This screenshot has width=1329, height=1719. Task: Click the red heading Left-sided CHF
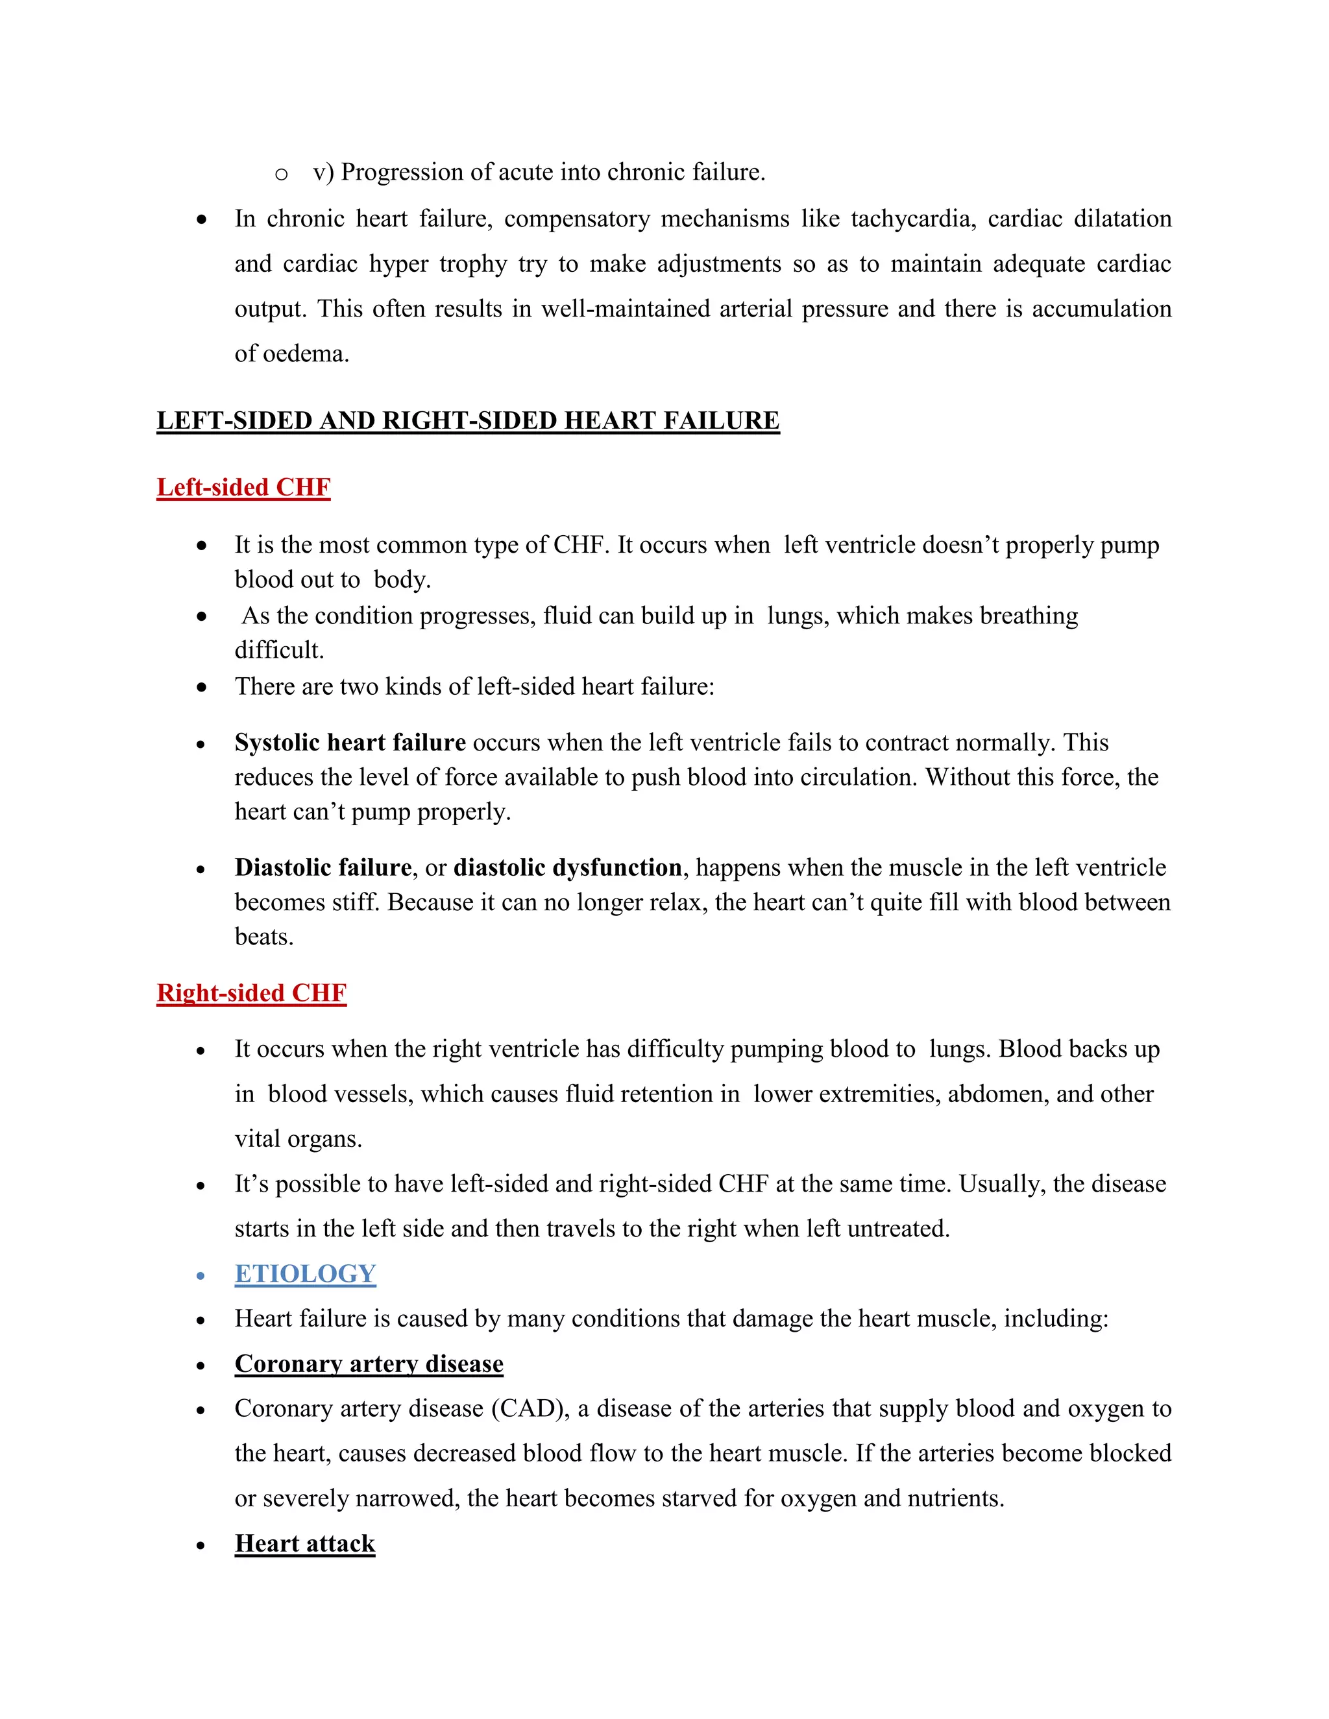[243, 487]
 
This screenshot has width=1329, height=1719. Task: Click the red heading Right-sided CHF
[251, 992]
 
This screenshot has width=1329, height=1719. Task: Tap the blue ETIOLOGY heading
[305, 1273]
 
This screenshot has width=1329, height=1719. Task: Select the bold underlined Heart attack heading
[305, 1543]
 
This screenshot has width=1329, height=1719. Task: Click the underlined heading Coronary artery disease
[369, 1364]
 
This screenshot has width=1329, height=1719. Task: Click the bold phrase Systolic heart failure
[350, 742]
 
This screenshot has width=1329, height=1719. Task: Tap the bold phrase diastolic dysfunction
[568, 867]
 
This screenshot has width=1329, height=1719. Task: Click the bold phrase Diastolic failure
[323, 867]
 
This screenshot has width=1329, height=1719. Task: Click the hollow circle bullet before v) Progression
[281, 174]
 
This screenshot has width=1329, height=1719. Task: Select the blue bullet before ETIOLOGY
[202, 1275]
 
